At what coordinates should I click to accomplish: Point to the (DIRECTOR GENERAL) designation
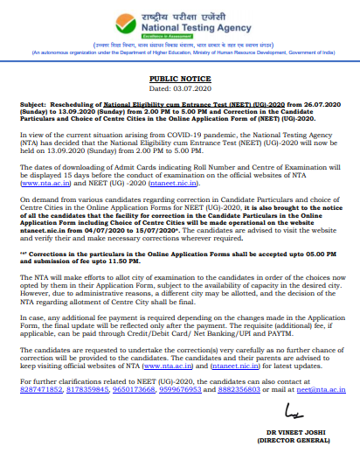pyautogui.click(x=295, y=443)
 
